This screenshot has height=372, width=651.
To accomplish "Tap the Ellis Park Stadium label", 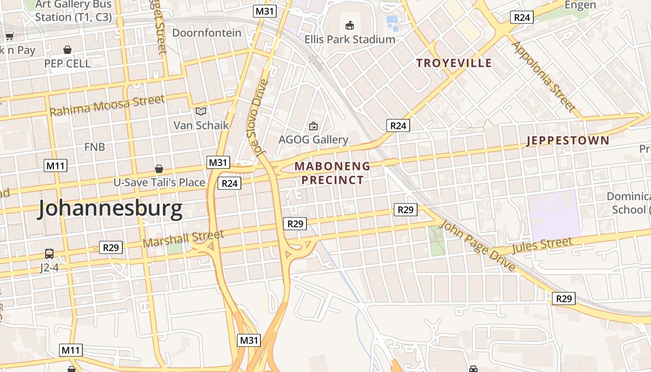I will [350, 39].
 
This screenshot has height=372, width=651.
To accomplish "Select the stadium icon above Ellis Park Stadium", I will [350, 25].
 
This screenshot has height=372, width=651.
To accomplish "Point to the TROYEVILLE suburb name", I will [454, 63].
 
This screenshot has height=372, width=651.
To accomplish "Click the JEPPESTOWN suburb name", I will [568, 141].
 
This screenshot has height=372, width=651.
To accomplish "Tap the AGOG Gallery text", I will [313, 139].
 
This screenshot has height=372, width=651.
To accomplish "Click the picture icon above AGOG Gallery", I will [313, 126].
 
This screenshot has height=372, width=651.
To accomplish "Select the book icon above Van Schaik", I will [201, 111].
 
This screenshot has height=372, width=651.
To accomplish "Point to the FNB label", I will [94, 147].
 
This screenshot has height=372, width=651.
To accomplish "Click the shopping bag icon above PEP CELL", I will [67, 49].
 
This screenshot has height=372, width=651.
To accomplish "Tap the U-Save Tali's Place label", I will [159, 182].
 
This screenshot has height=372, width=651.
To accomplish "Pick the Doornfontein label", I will [207, 33].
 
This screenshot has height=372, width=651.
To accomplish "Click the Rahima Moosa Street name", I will [107, 106].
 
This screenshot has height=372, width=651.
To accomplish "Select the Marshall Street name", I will [183, 239].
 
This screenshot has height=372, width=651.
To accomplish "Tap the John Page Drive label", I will [477, 246].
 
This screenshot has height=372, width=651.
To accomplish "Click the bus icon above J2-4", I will [49, 254].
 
